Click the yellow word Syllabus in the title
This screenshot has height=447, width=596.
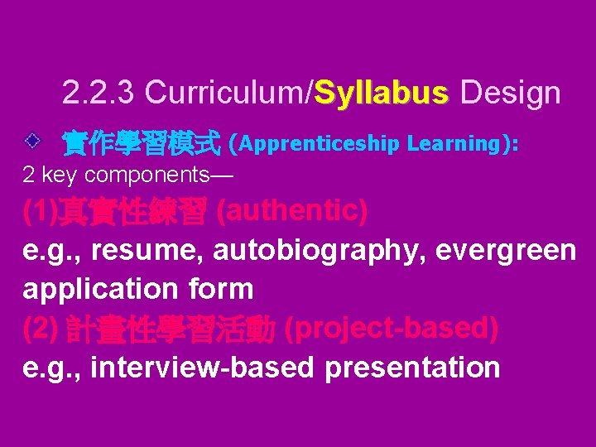[x=382, y=94]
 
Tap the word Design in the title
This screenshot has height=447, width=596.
[x=510, y=94]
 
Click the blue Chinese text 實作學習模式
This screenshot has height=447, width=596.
[x=142, y=144]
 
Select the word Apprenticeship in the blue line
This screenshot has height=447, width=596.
[x=319, y=144]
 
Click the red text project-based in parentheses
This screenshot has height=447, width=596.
[x=391, y=329]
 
